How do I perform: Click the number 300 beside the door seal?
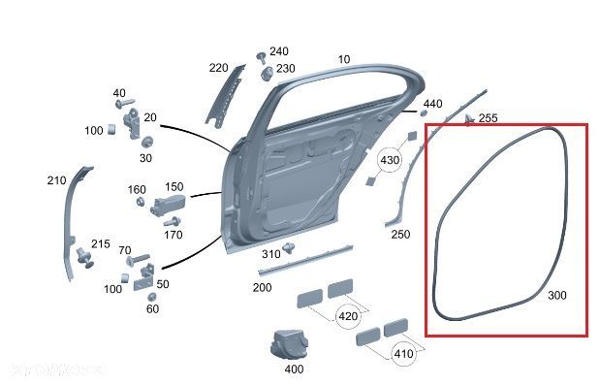pos(556,295)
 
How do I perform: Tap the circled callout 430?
pos(390,159)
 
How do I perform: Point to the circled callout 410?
pos(403,353)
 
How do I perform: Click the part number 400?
pos(294,369)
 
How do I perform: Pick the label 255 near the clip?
pos(488,118)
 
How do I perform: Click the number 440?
pos(433,104)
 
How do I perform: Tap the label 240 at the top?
pos(278,51)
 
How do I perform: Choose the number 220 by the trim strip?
pos(218,68)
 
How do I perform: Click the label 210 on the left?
pos(56,180)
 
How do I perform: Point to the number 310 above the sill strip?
pos(271,254)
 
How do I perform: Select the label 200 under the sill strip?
pos(262,288)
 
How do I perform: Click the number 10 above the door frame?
pos(344,59)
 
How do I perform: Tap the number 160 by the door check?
pos(137,189)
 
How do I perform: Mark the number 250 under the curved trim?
pos(399,234)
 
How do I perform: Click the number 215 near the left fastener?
pos(101,244)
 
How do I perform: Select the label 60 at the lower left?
pos(152,308)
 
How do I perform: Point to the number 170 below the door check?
pos(173,235)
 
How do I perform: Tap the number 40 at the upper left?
pos(119,92)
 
